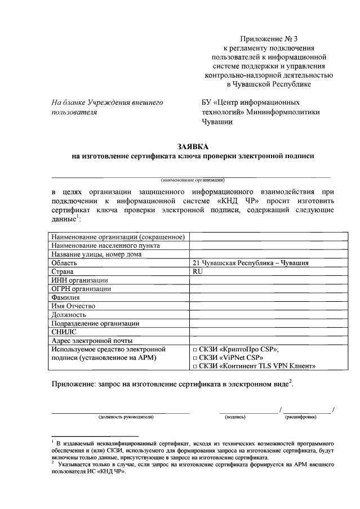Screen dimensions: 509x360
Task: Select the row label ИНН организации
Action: [x=79, y=280]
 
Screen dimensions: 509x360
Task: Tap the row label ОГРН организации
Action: [x=81, y=289]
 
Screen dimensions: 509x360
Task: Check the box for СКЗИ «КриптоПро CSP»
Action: [x=195, y=350]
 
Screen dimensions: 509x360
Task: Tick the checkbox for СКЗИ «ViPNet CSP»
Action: [x=195, y=358]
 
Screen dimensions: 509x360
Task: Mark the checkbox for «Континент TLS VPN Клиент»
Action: [x=195, y=367]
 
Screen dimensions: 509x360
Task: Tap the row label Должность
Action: [x=68, y=315]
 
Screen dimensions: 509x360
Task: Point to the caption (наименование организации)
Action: [x=193, y=180]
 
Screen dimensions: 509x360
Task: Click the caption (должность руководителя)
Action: [x=125, y=417]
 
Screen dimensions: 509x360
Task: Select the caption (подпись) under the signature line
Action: [x=235, y=417]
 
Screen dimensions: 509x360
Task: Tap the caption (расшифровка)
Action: [x=300, y=417]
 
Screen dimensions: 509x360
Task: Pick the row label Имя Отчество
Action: [x=73, y=306]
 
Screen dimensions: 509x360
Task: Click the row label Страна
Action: [x=63, y=271]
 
